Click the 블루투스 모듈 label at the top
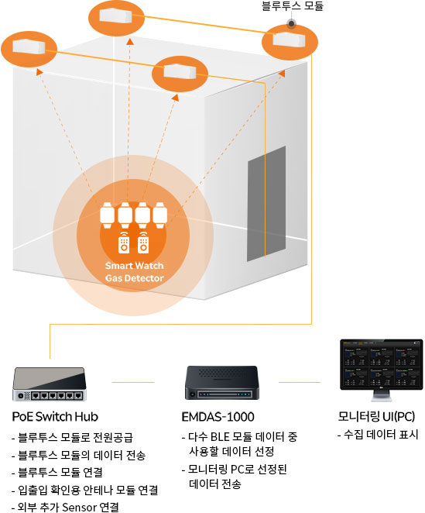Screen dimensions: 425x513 point(293,6)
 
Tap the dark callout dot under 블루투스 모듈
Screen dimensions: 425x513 point(291,23)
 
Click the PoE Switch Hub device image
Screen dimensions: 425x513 point(50,384)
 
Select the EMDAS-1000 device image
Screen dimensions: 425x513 point(222,383)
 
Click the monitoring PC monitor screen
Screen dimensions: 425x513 point(381,364)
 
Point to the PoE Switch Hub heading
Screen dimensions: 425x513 point(55,417)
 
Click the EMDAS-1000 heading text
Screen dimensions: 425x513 point(218,417)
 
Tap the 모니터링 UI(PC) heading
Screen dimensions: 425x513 point(376,416)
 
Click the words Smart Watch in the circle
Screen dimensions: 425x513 point(135,266)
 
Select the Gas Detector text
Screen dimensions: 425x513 point(135,278)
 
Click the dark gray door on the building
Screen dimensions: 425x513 point(266,204)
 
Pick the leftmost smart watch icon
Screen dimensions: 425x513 point(107,215)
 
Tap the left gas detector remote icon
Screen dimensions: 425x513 point(124,243)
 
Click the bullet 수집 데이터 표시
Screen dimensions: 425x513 point(378,435)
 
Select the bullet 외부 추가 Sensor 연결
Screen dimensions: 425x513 point(65,507)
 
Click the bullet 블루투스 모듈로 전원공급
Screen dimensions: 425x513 point(72,437)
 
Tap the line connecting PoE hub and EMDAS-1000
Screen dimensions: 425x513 point(133,382)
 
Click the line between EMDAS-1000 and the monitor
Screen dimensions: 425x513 point(300,382)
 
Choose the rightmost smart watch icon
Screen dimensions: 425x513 point(160,215)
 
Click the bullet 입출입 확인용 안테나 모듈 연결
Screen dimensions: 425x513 point(85,490)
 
